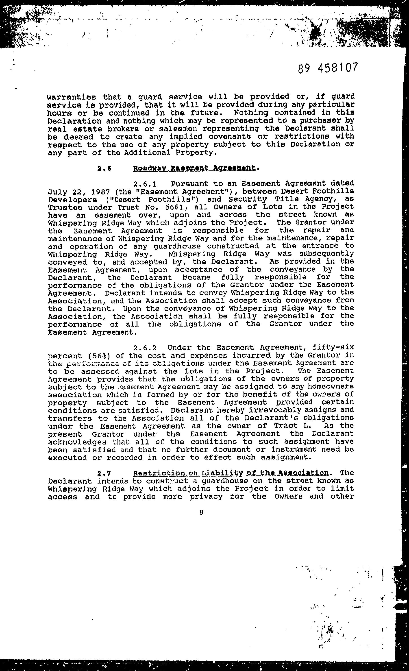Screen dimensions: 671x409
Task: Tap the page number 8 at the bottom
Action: (x=201, y=512)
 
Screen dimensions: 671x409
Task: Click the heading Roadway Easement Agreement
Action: (x=194, y=169)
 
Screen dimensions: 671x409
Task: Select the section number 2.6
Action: (x=104, y=169)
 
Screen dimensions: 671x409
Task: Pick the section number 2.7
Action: (x=104, y=473)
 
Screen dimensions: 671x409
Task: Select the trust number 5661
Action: (x=172, y=207)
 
